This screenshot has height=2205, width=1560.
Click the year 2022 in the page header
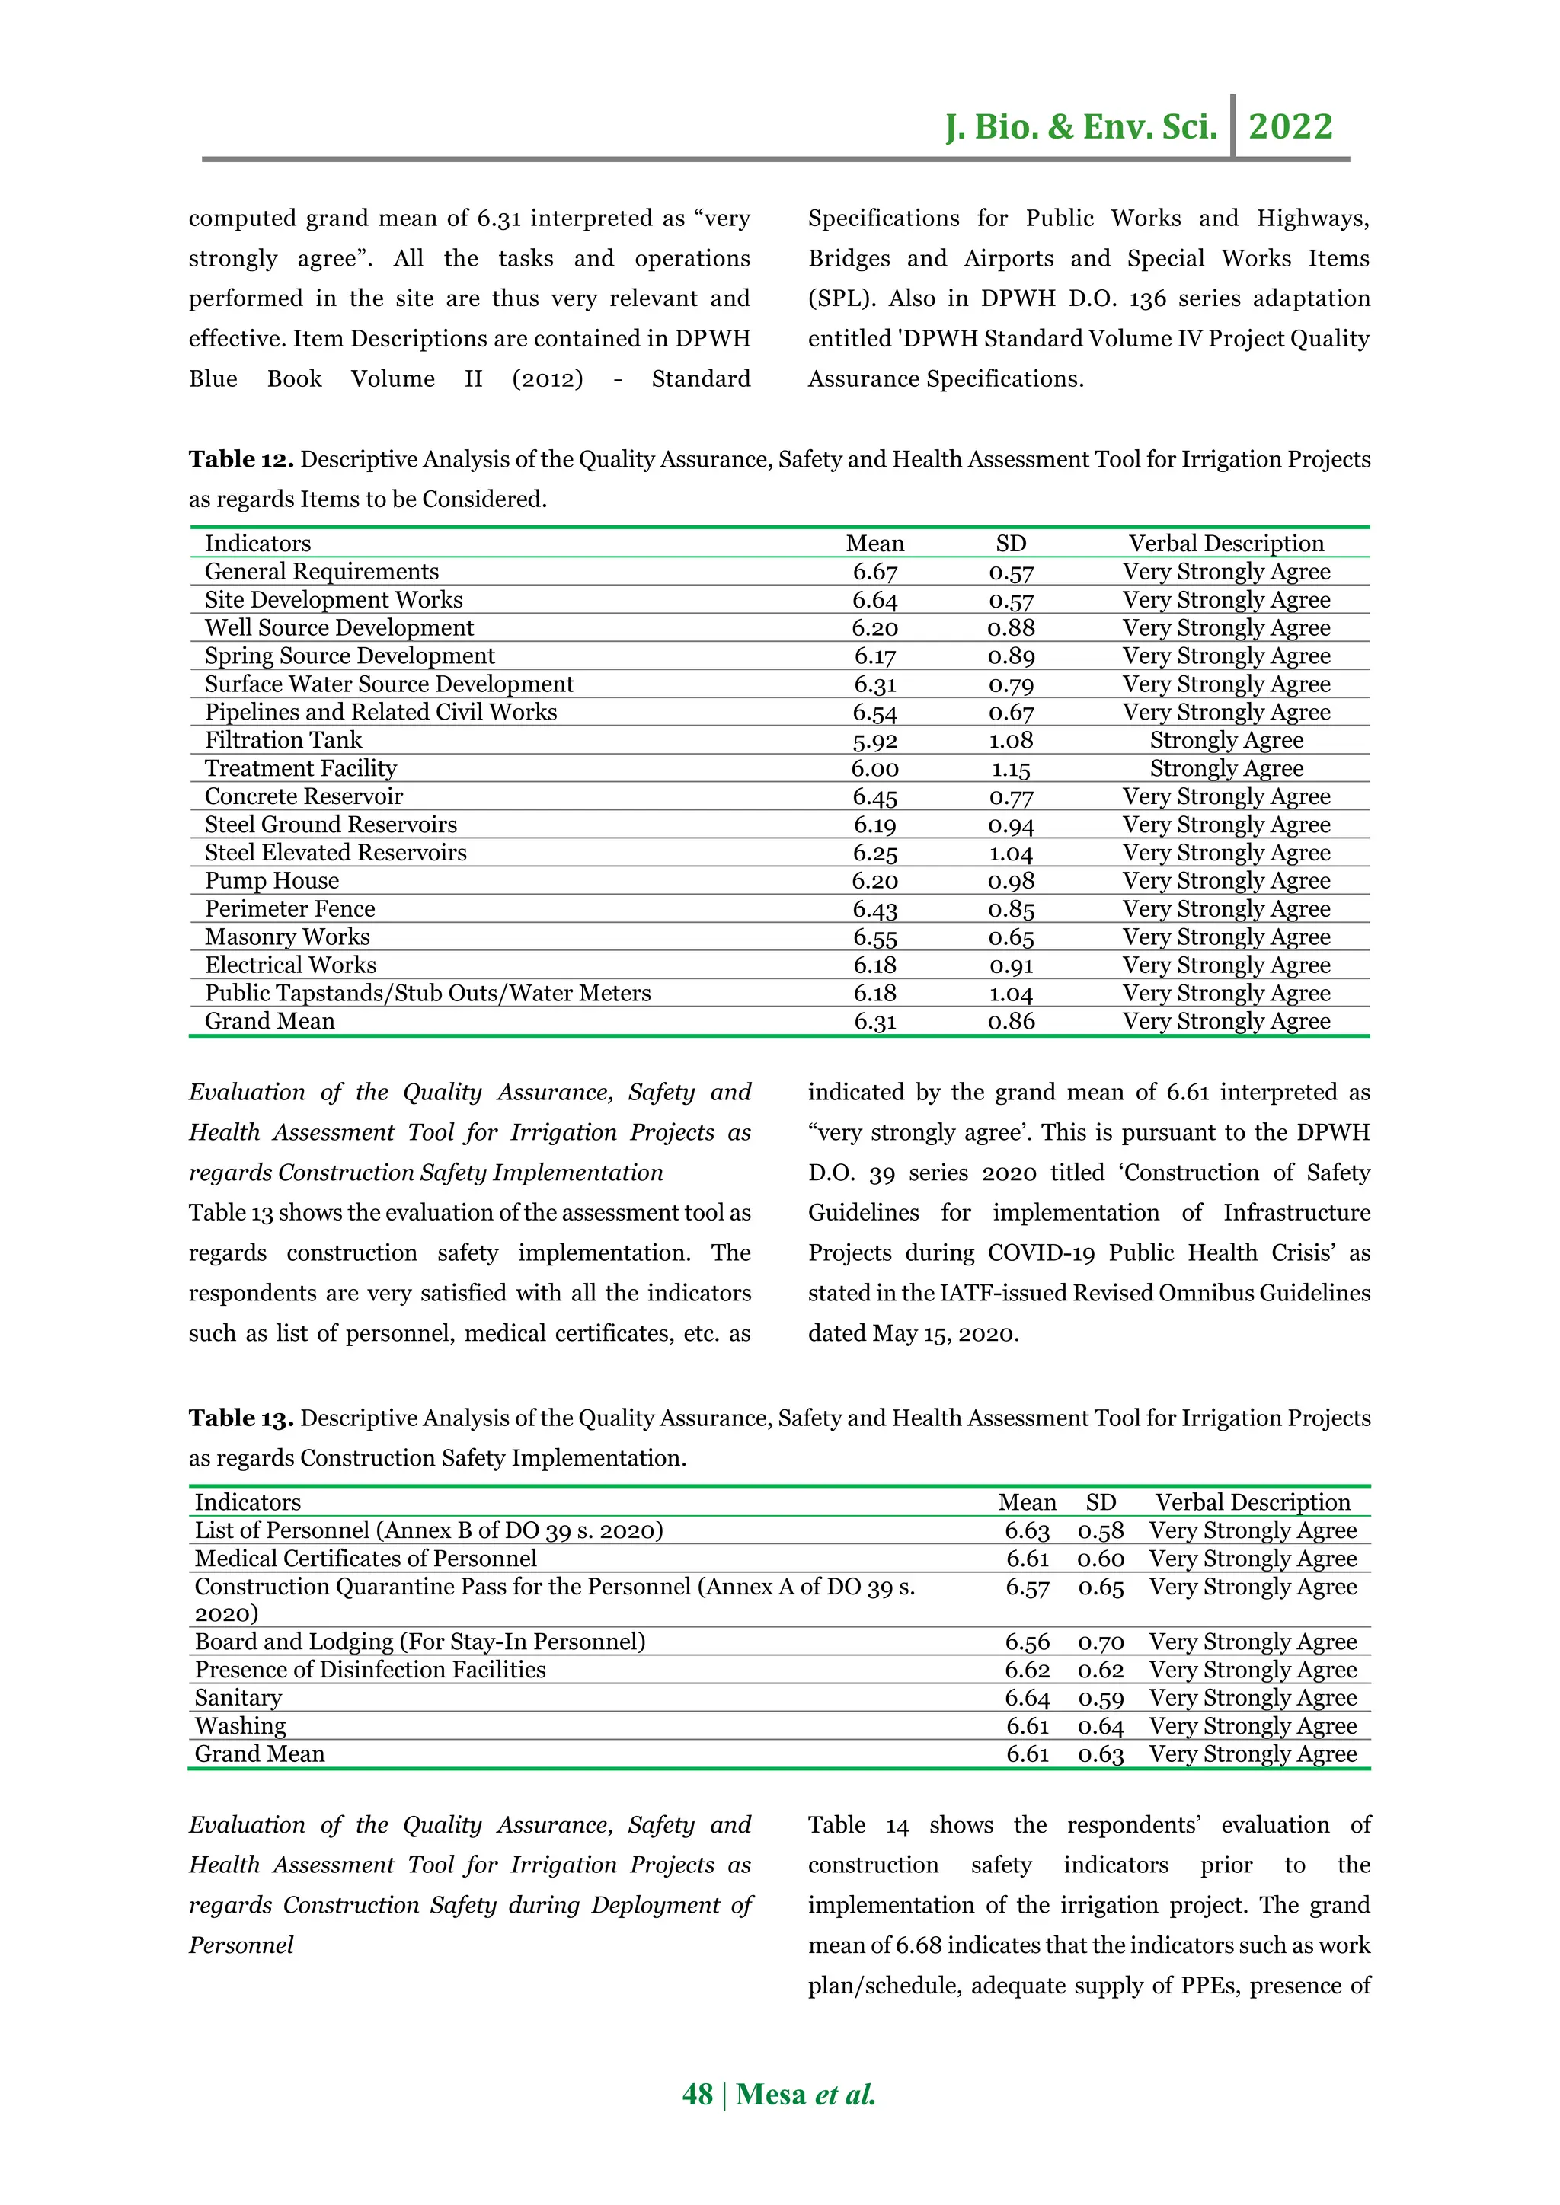[1290, 126]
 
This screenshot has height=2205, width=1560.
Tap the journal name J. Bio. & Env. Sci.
[1081, 126]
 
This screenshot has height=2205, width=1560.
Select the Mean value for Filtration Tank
[874, 740]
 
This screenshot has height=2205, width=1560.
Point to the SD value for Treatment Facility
[1011, 769]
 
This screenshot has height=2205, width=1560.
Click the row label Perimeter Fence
[289, 908]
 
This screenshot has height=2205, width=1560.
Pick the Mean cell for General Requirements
[874, 573]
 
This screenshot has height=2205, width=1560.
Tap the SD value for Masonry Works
[1011, 937]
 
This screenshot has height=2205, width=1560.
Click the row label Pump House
[271, 881]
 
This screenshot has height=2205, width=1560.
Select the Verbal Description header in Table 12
[1226, 544]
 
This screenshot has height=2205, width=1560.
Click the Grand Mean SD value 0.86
[1011, 1022]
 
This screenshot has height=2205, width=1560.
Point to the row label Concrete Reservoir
[304, 796]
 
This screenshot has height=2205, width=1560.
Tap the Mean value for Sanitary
[1027, 1698]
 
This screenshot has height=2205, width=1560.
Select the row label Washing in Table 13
[240, 1726]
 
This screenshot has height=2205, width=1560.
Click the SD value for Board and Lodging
[1100, 1642]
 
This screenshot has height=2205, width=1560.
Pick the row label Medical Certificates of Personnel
[365, 1559]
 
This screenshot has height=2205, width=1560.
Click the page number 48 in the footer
[698, 2095]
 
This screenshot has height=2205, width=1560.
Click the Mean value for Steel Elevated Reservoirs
[874, 853]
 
